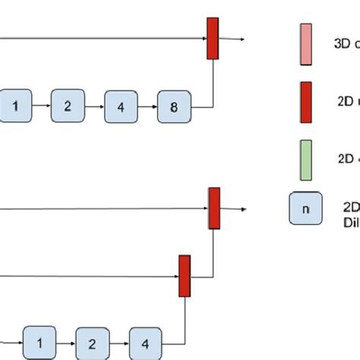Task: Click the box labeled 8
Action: tap(174, 108)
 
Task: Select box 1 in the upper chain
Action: tap(15, 106)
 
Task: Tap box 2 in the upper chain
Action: tap(68, 106)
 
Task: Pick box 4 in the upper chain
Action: tap(121, 107)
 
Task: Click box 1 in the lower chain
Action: tap(39, 344)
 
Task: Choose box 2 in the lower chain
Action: tap(93, 344)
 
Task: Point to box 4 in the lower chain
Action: tap(145, 344)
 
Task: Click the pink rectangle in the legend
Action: tap(305, 43)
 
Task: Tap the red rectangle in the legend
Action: tap(305, 101)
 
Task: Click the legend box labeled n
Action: tap(305, 210)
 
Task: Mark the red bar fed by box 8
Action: tap(213, 38)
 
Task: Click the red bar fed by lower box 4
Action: tap(185, 276)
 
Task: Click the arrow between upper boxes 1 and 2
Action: tap(41, 107)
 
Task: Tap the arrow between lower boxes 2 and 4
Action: tap(118, 344)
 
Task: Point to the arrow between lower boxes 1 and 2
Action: tap(66, 344)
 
